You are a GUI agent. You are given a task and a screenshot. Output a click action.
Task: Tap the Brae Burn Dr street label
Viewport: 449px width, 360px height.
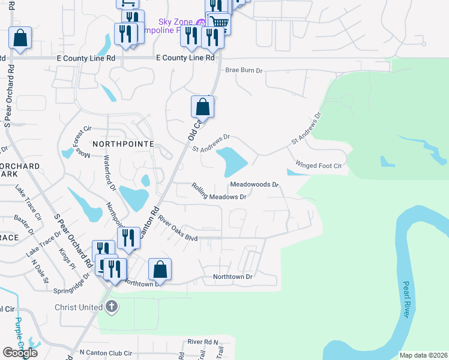(244, 70)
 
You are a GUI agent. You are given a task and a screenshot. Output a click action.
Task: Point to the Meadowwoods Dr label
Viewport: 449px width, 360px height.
(255, 184)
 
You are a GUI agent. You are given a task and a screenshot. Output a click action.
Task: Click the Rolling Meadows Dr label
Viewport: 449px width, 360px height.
(219, 192)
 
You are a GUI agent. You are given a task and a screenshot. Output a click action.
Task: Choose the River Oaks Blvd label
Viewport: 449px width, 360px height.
(178, 230)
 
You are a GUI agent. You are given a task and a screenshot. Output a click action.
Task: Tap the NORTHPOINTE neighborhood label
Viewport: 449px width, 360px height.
(123, 145)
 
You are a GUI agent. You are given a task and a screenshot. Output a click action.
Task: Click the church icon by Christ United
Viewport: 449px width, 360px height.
(111, 307)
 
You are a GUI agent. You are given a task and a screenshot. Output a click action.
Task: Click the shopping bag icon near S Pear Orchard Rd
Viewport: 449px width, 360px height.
(20, 38)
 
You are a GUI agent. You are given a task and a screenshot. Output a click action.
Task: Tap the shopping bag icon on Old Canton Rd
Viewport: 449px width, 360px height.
(203, 107)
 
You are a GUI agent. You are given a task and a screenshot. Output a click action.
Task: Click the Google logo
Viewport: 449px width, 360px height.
(20, 353)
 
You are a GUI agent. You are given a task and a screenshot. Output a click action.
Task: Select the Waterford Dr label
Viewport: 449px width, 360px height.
(109, 173)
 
